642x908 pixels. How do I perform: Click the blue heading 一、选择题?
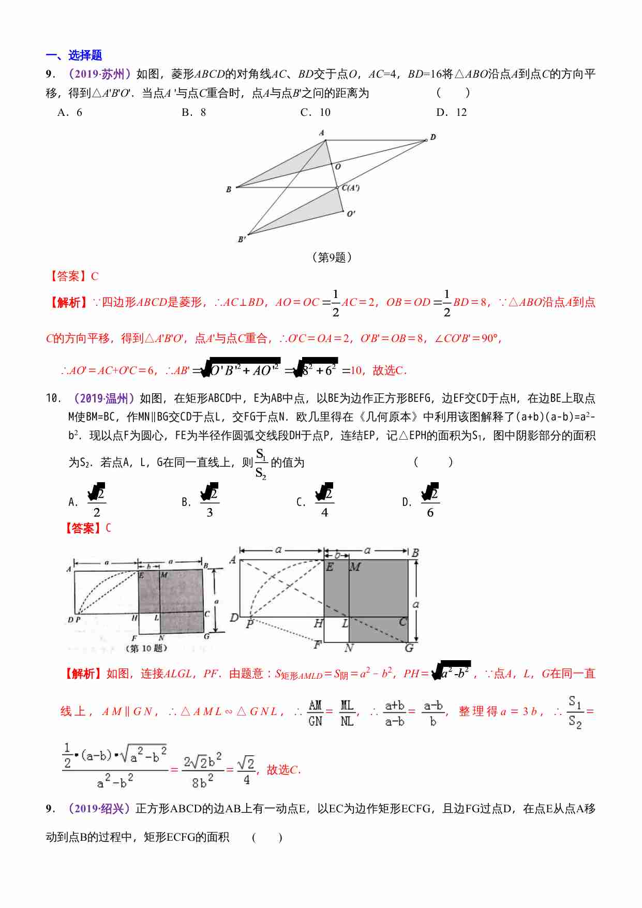click(73, 55)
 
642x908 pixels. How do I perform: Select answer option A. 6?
click(70, 112)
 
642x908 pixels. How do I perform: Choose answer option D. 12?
click(451, 112)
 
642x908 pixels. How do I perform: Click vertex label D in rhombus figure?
click(433, 137)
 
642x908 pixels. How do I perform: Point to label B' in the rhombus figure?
click(242, 239)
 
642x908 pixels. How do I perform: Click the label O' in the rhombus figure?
click(351, 213)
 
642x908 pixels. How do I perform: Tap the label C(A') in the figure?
click(351, 187)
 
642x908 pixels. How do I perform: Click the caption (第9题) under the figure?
click(332, 257)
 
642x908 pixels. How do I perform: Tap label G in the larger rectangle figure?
click(409, 647)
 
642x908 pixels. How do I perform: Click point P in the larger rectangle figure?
click(250, 623)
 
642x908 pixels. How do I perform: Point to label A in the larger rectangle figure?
click(233, 559)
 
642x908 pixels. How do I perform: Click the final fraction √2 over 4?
click(246, 770)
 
